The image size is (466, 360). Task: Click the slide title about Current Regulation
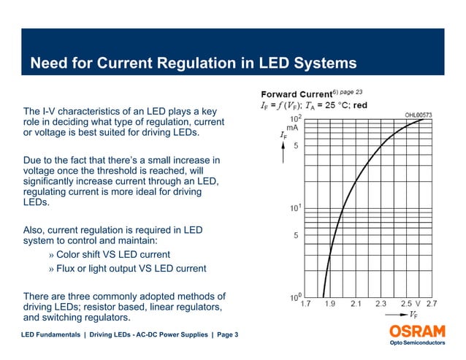[x=193, y=64]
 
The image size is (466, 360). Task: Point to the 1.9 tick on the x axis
[x=331, y=303]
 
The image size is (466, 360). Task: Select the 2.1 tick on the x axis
[x=356, y=303]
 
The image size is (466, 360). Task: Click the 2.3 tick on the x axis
[x=381, y=303]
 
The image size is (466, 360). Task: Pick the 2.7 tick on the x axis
[x=431, y=303]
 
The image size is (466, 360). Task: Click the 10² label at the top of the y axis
[x=297, y=118]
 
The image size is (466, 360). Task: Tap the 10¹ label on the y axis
[x=297, y=208]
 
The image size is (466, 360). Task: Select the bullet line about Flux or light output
[x=127, y=269]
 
